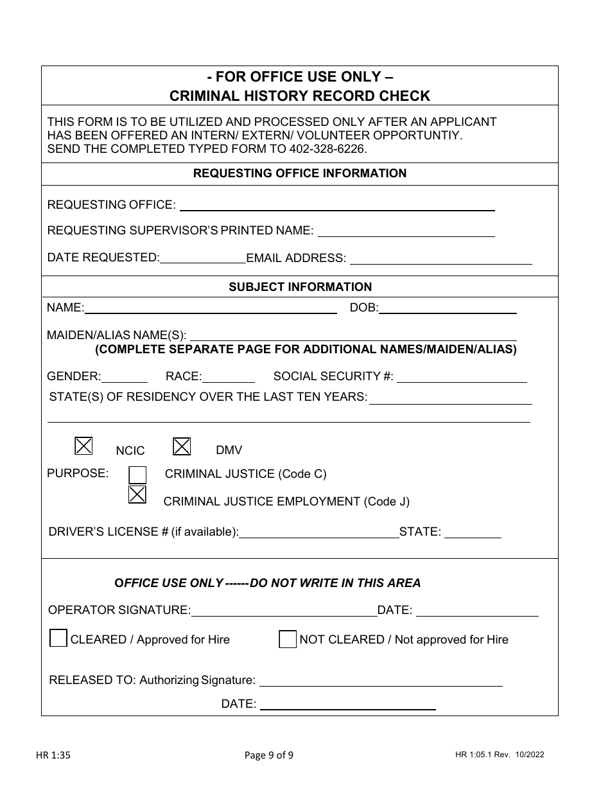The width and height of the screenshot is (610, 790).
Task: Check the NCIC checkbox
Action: [x=84, y=445]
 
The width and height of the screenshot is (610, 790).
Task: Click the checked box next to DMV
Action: [x=182, y=445]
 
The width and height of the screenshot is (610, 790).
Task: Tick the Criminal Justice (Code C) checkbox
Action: [x=137, y=475]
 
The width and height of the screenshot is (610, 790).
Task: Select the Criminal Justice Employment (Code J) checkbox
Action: [x=137, y=495]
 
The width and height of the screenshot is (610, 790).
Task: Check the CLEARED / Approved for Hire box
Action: [x=58, y=639]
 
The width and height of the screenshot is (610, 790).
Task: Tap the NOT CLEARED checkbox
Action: [x=288, y=639]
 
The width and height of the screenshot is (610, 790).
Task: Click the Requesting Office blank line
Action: [x=337, y=206]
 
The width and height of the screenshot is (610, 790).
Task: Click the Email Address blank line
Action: [x=440, y=259]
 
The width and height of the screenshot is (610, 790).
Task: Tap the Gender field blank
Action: [x=125, y=377]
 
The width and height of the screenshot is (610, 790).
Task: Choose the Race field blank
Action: [x=229, y=377]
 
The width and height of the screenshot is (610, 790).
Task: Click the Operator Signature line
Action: [x=284, y=611]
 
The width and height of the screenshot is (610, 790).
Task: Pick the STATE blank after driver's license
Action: [x=473, y=532]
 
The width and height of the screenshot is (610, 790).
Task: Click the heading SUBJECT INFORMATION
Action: [x=300, y=287]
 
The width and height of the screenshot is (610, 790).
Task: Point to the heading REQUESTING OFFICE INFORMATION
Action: [x=300, y=173]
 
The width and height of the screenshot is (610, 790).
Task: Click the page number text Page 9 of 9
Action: [x=269, y=755]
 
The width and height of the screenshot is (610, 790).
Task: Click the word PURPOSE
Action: [x=78, y=473]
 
